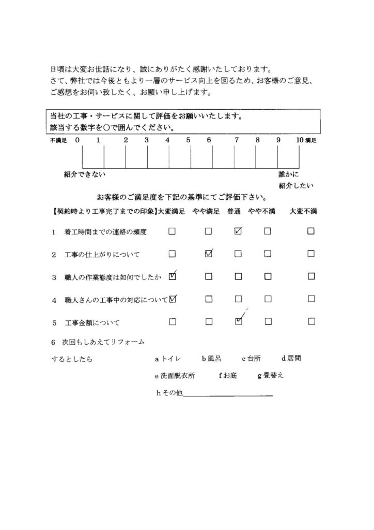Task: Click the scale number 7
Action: point(236,140)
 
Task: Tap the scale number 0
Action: point(77,140)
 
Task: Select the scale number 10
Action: point(300,140)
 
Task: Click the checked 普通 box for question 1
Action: point(238,231)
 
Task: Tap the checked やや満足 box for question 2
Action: point(209,254)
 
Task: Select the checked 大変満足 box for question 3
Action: point(173,276)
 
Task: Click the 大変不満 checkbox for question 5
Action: point(311,321)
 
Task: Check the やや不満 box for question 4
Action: point(268,299)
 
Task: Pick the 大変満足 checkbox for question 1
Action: point(172,231)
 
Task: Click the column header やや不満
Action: point(261,211)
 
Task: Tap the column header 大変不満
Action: point(303,211)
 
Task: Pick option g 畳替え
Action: point(270,376)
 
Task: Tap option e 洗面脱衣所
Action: point(175,376)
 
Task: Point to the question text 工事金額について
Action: point(92,323)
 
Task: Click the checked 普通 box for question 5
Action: point(238,321)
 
